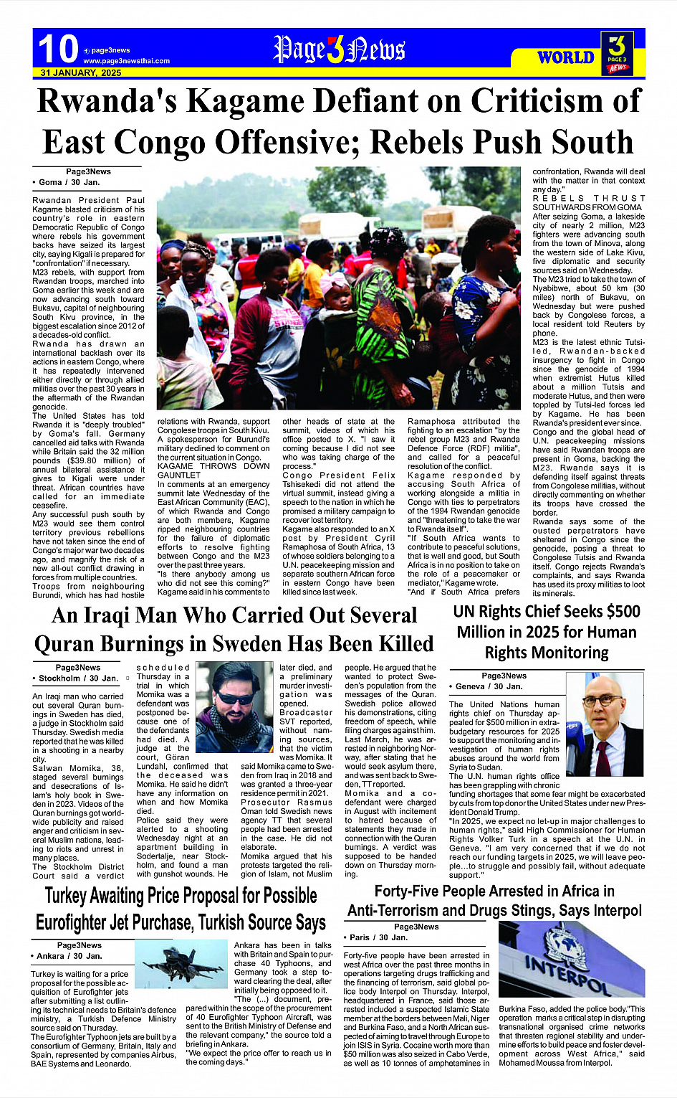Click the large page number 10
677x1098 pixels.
coord(58,49)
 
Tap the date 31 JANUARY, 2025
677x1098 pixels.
coord(81,73)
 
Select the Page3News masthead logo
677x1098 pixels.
coord(339,50)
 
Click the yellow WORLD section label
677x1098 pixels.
coord(565,57)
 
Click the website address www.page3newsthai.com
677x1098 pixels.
coord(126,61)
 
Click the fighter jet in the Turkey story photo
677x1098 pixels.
coord(183,962)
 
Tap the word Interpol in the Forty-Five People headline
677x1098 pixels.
coord(610,911)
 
